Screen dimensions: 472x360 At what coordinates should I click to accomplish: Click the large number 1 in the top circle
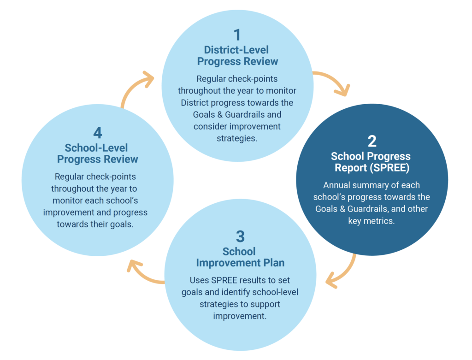point(237,35)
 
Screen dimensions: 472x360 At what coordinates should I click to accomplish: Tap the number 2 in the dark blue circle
point(372,141)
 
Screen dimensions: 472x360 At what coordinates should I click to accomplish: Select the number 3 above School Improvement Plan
point(240,236)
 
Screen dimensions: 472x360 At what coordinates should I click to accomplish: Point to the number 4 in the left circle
point(98,132)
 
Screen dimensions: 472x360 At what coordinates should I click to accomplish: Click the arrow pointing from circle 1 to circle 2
point(334,79)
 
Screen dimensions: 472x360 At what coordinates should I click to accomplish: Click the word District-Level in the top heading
point(236,50)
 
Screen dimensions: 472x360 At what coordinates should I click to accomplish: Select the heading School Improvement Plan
point(240,257)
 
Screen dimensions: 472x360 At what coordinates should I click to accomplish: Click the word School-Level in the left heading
point(96,148)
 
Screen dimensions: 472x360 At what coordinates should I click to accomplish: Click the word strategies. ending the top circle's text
point(237,138)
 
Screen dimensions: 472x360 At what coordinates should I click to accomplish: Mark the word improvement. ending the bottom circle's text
point(240,316)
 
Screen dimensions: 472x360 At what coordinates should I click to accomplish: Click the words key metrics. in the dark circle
point(371,221)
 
